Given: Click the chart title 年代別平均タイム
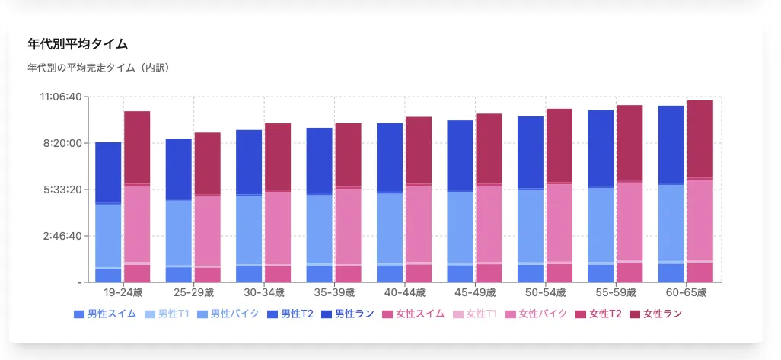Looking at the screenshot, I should [77, 44].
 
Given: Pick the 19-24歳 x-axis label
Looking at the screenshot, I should [123, 292].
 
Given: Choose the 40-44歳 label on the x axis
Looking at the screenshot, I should [404, 292].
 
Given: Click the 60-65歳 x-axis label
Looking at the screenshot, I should [686, 292].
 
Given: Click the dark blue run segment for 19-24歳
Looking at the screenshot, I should [108, 172].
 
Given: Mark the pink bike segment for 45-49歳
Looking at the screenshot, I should [489, 224].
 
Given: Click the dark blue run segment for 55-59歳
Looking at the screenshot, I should [601, 148].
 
